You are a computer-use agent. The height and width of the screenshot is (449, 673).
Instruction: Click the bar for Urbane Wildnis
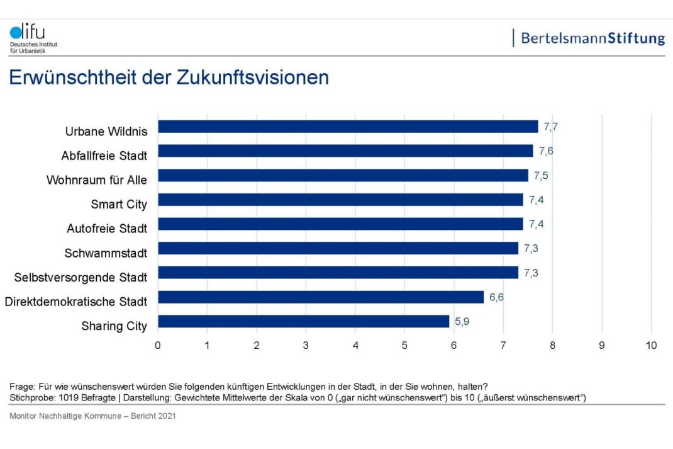click(348, 127)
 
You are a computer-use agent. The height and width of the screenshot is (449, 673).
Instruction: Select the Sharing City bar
click(303, 321)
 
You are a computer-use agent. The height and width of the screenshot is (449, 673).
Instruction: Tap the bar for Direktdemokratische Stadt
click(321, 297)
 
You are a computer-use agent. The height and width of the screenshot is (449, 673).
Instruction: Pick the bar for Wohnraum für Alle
click(343, 175)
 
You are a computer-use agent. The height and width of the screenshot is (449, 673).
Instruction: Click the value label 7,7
click(551, 127)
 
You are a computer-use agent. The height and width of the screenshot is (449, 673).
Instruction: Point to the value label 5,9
click(462, 321)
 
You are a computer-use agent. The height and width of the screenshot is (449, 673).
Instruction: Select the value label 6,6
click(497, 297)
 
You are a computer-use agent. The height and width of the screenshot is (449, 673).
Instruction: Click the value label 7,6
click(546, 151)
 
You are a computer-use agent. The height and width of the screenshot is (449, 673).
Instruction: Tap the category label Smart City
click(119, 204)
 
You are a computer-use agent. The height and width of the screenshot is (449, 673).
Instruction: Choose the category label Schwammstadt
click(106, 253)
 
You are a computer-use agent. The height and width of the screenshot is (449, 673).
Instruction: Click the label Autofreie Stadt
click(107, 229)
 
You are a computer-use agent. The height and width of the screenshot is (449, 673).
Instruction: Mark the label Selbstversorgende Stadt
click(81, 278)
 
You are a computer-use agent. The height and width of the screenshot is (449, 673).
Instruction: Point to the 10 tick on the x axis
click(651, 345)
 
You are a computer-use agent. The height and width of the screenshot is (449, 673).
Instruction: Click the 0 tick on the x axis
click(158, 345)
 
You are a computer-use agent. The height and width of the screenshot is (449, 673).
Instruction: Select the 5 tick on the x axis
click(404, 345)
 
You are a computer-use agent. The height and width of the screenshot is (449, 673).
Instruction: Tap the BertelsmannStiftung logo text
click(592, 38)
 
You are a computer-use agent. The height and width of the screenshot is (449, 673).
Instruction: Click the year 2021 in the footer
click(166, 416)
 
